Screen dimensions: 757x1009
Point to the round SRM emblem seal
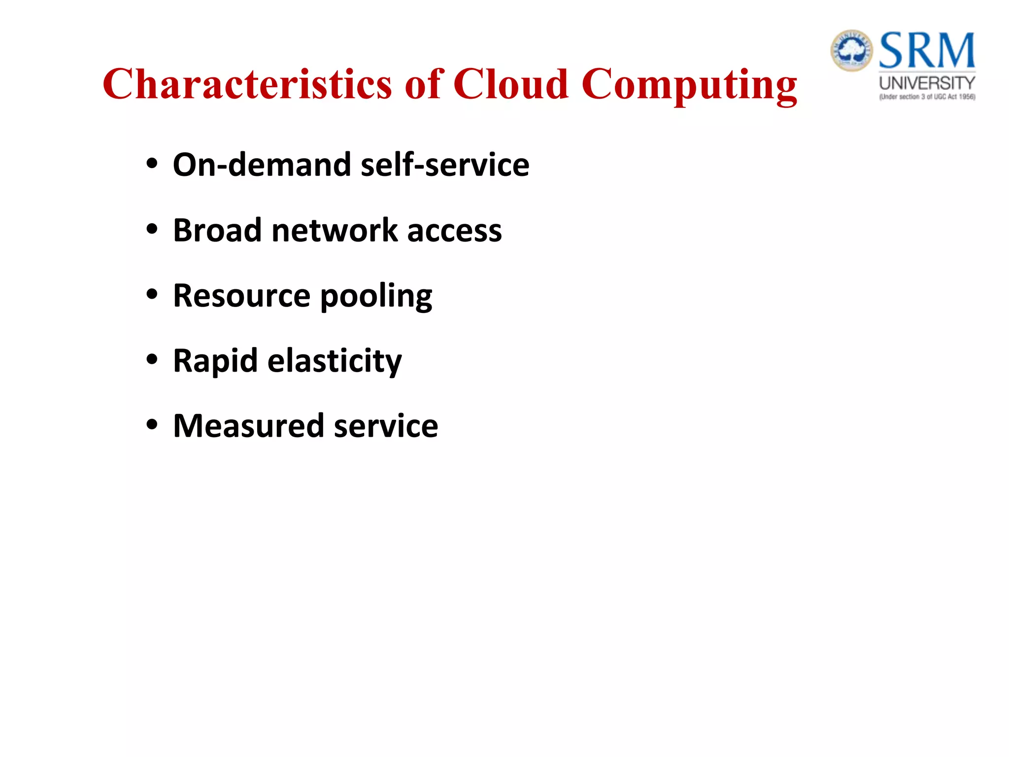pos(852,50)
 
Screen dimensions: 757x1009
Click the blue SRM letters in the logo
pos(927,50)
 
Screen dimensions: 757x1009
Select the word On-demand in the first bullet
pos(261,165)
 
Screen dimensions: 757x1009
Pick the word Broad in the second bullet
pos(217,230)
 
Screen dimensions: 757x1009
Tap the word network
pos(335,230)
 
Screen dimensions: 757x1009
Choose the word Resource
pos(241,296)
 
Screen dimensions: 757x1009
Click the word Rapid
pos(215,361)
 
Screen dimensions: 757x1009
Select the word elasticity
pos(335,361)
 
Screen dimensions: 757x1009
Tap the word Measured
pos(248,426)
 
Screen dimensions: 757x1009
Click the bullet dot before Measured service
pos(152,424)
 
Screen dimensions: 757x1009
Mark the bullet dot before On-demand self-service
pos(152,163)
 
